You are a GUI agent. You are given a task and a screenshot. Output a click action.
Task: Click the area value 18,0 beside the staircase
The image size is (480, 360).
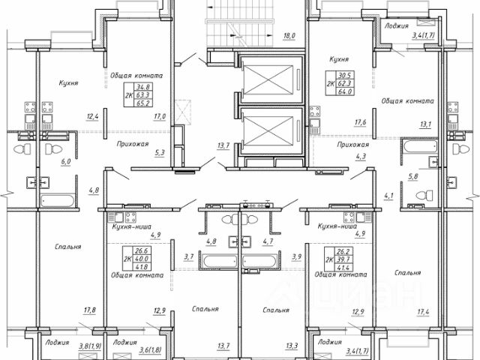(290, 35)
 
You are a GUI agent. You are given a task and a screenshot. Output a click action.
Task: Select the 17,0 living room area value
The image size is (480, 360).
(159, 116)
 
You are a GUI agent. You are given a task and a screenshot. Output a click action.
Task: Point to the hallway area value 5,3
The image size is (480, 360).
(159, 154)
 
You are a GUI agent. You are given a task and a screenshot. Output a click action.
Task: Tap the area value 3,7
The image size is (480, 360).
(189, 256)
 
